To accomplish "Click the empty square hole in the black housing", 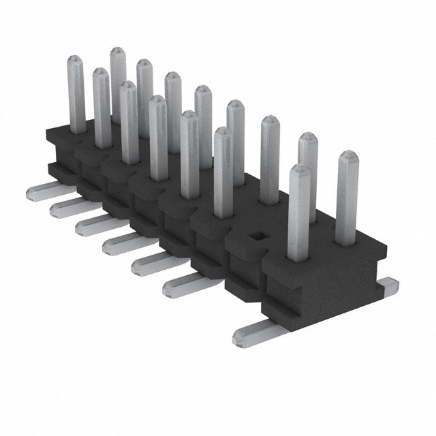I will coord(255,235).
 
